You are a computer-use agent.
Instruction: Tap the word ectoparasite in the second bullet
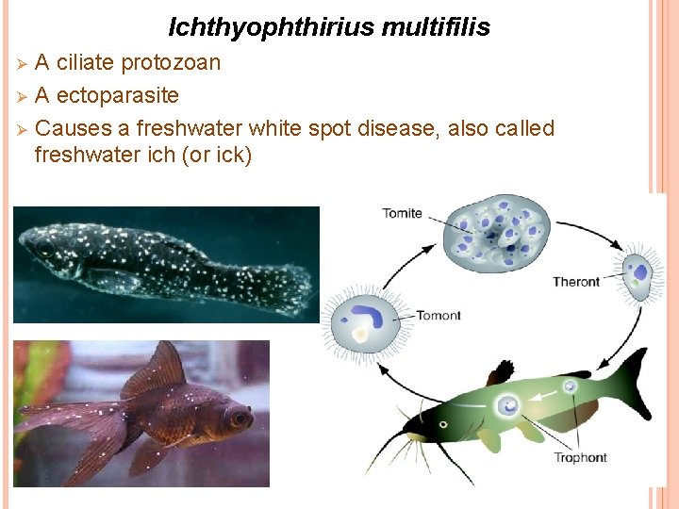[117, 95]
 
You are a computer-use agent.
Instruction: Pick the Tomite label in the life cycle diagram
[402, 213]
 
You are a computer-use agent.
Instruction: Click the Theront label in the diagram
[576, 281]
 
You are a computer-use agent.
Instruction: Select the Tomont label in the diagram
[438, 315]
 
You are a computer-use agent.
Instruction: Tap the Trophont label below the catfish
[581, 458]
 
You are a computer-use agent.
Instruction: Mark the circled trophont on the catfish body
[509, 405]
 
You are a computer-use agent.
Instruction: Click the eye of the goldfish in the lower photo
[237, 415]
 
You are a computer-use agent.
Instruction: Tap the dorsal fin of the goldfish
[160, 369]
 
